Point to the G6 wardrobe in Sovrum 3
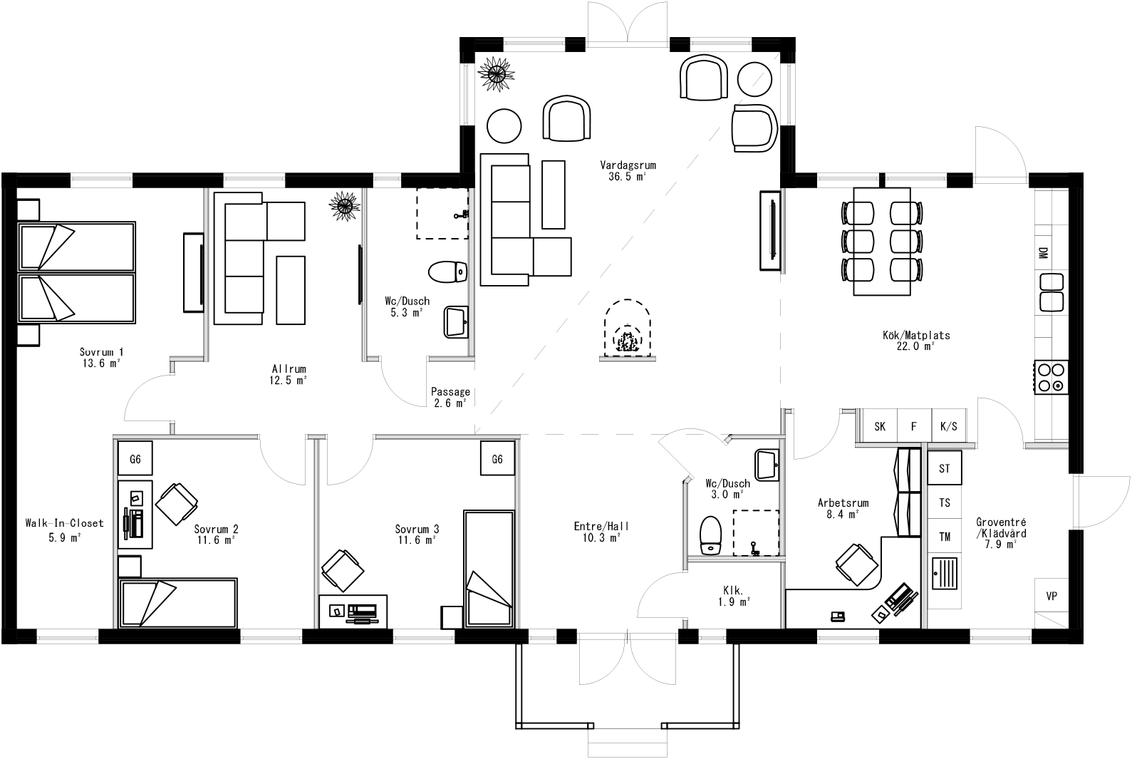point(497,460)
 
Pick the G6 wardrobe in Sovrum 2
point(135,460)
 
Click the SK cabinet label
point(880,426)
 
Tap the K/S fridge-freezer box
point(949,426)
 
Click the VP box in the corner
point(1051,597)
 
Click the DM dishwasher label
point(1042,253)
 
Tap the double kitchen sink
point(1051,292)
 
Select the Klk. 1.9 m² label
point(733,596)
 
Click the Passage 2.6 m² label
point(450,397)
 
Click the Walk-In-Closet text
point(64,523)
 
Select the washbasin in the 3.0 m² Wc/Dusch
point(767,465)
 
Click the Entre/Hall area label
point(601,532)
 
